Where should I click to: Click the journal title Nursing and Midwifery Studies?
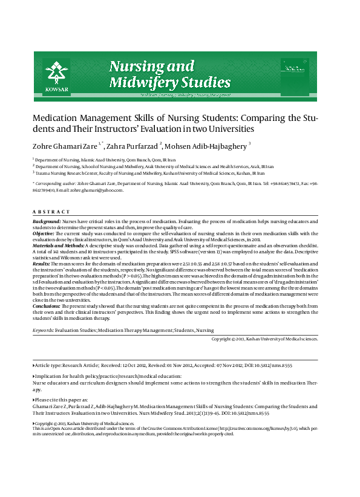click(152, 74)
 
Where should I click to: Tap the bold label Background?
click(47, 223)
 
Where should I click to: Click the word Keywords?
click(42, 331)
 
